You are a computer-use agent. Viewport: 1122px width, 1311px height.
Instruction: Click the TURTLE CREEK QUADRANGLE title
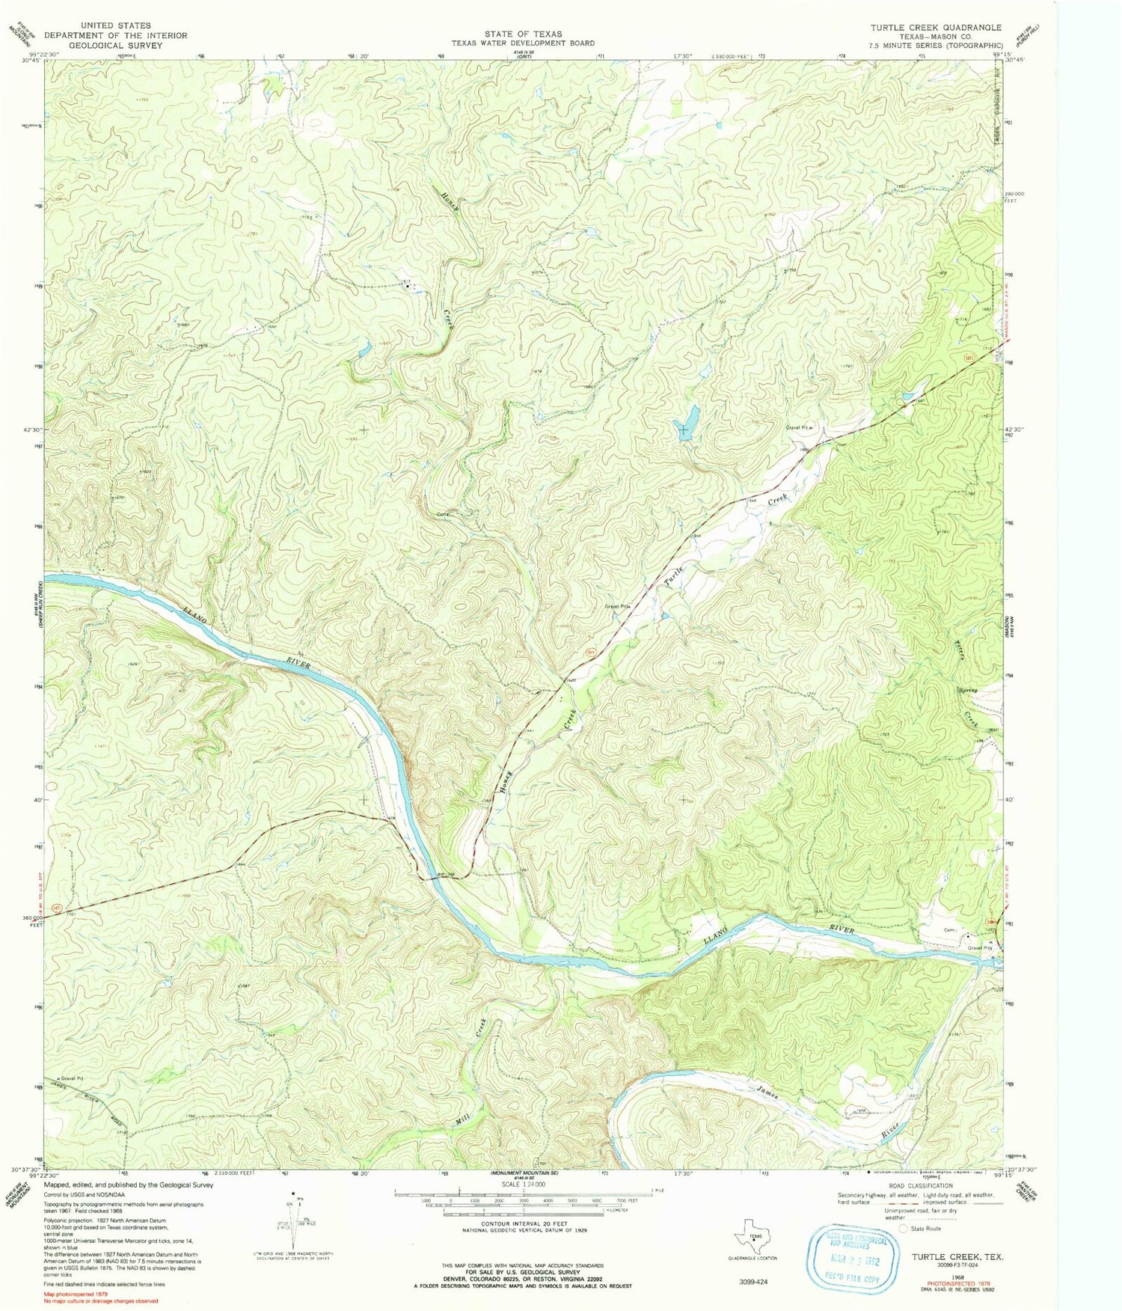tap(935, 27)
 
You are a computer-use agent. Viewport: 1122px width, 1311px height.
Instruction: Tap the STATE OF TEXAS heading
tap(523, 34)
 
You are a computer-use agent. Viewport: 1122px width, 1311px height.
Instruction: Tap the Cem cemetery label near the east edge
tap(951, 930)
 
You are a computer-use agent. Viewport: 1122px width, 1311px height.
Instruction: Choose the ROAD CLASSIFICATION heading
tap(920, 1185)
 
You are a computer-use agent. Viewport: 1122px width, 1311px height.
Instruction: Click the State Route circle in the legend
tap(903, 1229)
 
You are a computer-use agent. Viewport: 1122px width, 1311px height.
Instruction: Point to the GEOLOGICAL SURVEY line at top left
tap(115, 45)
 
